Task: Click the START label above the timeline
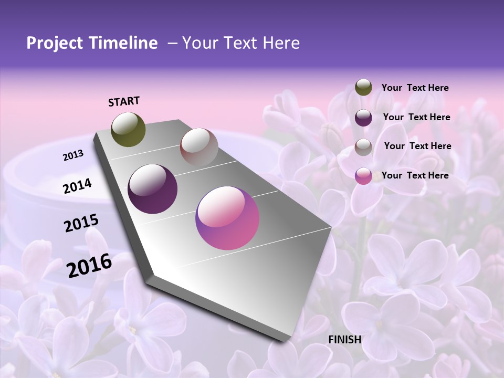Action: coord(124,101)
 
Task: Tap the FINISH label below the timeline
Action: coord(345,340)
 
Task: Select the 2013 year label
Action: coord(73,155)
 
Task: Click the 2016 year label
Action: coord(89,266)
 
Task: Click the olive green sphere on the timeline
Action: coord(128,129)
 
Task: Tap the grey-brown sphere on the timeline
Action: coord(199,147)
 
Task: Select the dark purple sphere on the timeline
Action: coord(152,189)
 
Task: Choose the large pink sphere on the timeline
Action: coord(227,218)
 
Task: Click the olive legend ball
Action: coord(363,88)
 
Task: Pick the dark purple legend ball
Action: coord(363,117)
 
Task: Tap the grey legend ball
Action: coord(363,146)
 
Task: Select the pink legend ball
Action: coord(363,176)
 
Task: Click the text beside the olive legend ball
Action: coord(415,88)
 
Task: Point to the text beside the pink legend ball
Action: coord(415,175)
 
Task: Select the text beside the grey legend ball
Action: coord(417,146)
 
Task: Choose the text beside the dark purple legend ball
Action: coord(416,117)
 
